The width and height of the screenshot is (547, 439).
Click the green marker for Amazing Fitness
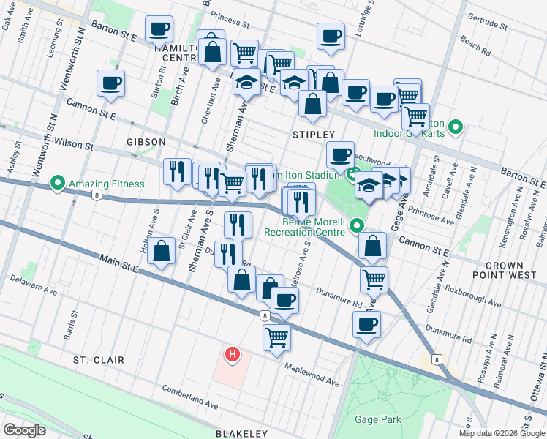[57, 182]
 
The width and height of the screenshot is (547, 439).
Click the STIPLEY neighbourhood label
[313, 135]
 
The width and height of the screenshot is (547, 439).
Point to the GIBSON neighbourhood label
[146, 141]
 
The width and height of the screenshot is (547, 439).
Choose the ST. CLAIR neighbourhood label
[98, 360]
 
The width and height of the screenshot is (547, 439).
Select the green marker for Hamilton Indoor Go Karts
[455, 128]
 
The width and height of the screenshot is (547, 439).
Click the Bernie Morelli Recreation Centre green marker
[357, 225]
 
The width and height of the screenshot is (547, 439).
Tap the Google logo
[24, 430]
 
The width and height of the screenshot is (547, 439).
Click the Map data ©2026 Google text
[502, 433]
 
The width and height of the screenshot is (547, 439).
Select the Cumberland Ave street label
[190, 395]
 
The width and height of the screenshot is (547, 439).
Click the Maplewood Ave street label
[312, 374]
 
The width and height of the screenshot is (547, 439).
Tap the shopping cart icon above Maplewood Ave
[276, 337]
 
